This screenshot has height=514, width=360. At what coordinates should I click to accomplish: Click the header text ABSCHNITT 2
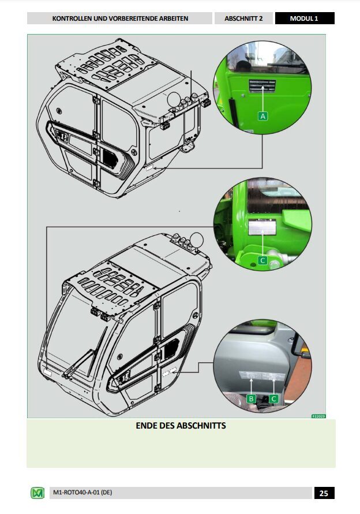[x=243, y=18]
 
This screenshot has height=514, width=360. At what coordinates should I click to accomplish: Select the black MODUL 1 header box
[x=304, y=18]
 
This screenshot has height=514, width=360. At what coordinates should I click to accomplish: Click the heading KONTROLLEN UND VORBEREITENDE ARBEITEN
[x=120, y=18]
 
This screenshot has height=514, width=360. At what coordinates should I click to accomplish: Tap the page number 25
[x=324, y=493]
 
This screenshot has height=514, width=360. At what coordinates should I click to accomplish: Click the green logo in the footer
[x=37, y=493]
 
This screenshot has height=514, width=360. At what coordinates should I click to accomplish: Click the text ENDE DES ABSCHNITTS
[x=181, y=426]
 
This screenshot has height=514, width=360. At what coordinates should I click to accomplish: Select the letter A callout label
[x=264, y=116]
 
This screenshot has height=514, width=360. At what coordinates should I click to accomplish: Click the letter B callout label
[x=252, y=399]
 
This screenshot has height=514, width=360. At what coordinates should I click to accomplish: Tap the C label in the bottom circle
[x=274, y=399]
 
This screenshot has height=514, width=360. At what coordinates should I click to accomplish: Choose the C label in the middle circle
[x=263, y=261]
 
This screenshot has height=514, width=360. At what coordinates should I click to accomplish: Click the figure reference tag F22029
[x=318, y=416]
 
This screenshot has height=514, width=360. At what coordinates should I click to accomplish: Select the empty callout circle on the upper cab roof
[x=174, y=100]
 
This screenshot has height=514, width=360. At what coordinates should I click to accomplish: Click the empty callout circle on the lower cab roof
[x=197, y=239]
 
